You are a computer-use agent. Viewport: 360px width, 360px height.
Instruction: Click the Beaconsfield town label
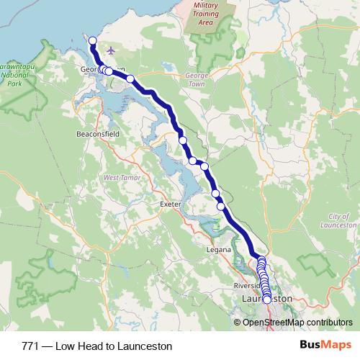click(x=96, y=134)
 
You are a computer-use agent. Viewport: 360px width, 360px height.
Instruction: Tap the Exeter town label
click(x=170, y=204)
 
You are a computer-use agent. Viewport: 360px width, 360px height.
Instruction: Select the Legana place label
click(x=220, y=249)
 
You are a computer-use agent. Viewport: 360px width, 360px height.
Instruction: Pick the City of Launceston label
click(x=342, y=220)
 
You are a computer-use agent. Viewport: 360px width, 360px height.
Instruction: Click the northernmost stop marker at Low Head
click(x=92, y=40)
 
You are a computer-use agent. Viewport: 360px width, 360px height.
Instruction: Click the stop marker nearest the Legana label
click(x=221, y=207)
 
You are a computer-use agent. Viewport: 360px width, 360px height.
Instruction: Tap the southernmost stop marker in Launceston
click(x=267, y=299)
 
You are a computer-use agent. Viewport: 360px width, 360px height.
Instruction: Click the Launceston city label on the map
click(x=268, y=297)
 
